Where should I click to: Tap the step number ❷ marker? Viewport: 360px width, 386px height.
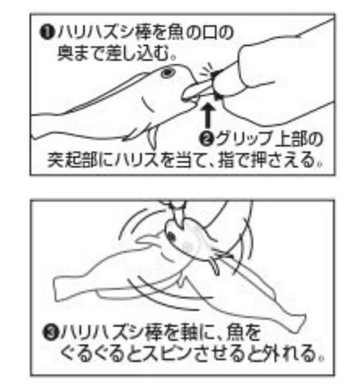click(x=207, y=138)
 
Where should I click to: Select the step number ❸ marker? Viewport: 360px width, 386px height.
click(x=51, y=332)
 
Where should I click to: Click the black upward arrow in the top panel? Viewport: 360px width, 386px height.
click(x=209, y=115)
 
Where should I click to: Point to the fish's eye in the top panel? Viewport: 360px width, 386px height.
click(x=168, y=73)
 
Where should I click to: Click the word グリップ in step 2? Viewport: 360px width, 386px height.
click(x=244, y=139)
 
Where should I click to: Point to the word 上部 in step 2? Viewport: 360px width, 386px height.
click(x=292, y=139)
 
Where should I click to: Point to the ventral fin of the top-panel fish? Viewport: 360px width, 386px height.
click(x=151, y=138)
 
